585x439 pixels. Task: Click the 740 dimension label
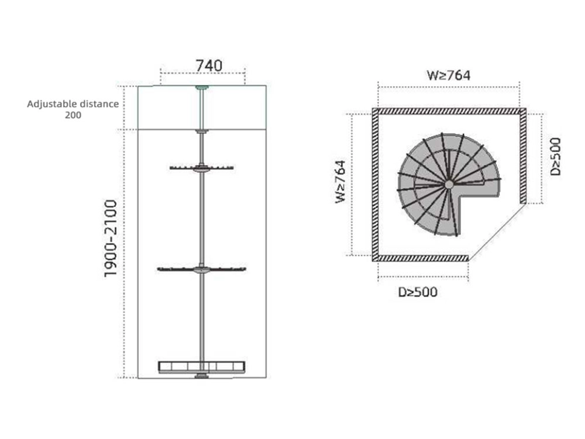[x=209, y=66]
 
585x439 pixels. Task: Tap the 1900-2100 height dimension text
[x=111, y=239]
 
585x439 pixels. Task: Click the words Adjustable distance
[x=73, y=104]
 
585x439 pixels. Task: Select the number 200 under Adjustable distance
[x=73, y=115]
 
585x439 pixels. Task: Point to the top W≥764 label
[x=449, y=76]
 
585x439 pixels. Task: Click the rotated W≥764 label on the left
[x=340, y=182]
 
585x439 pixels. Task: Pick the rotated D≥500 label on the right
[x=556, y=157]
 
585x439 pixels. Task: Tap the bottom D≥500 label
[x=418, y=292]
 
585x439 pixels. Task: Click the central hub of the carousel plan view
[x=449, y=184]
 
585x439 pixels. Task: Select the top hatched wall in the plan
[x=449, y=111]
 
